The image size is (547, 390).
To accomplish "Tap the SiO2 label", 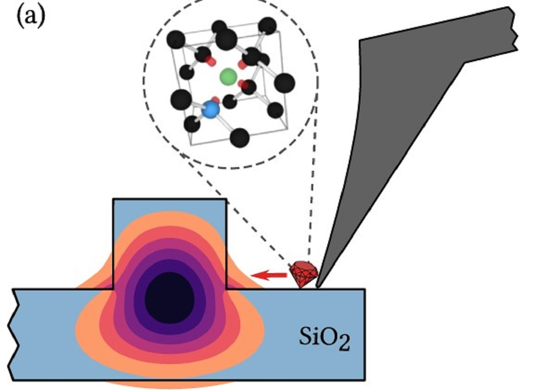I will [325, 338].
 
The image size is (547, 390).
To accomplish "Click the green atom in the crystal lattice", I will [227, 77].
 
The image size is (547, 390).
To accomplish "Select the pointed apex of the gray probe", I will [318, 286].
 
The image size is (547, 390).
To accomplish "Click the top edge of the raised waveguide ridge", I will [169, 199].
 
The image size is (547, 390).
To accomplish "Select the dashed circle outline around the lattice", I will [145, 78].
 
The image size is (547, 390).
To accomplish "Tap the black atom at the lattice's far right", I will [285, 83].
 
